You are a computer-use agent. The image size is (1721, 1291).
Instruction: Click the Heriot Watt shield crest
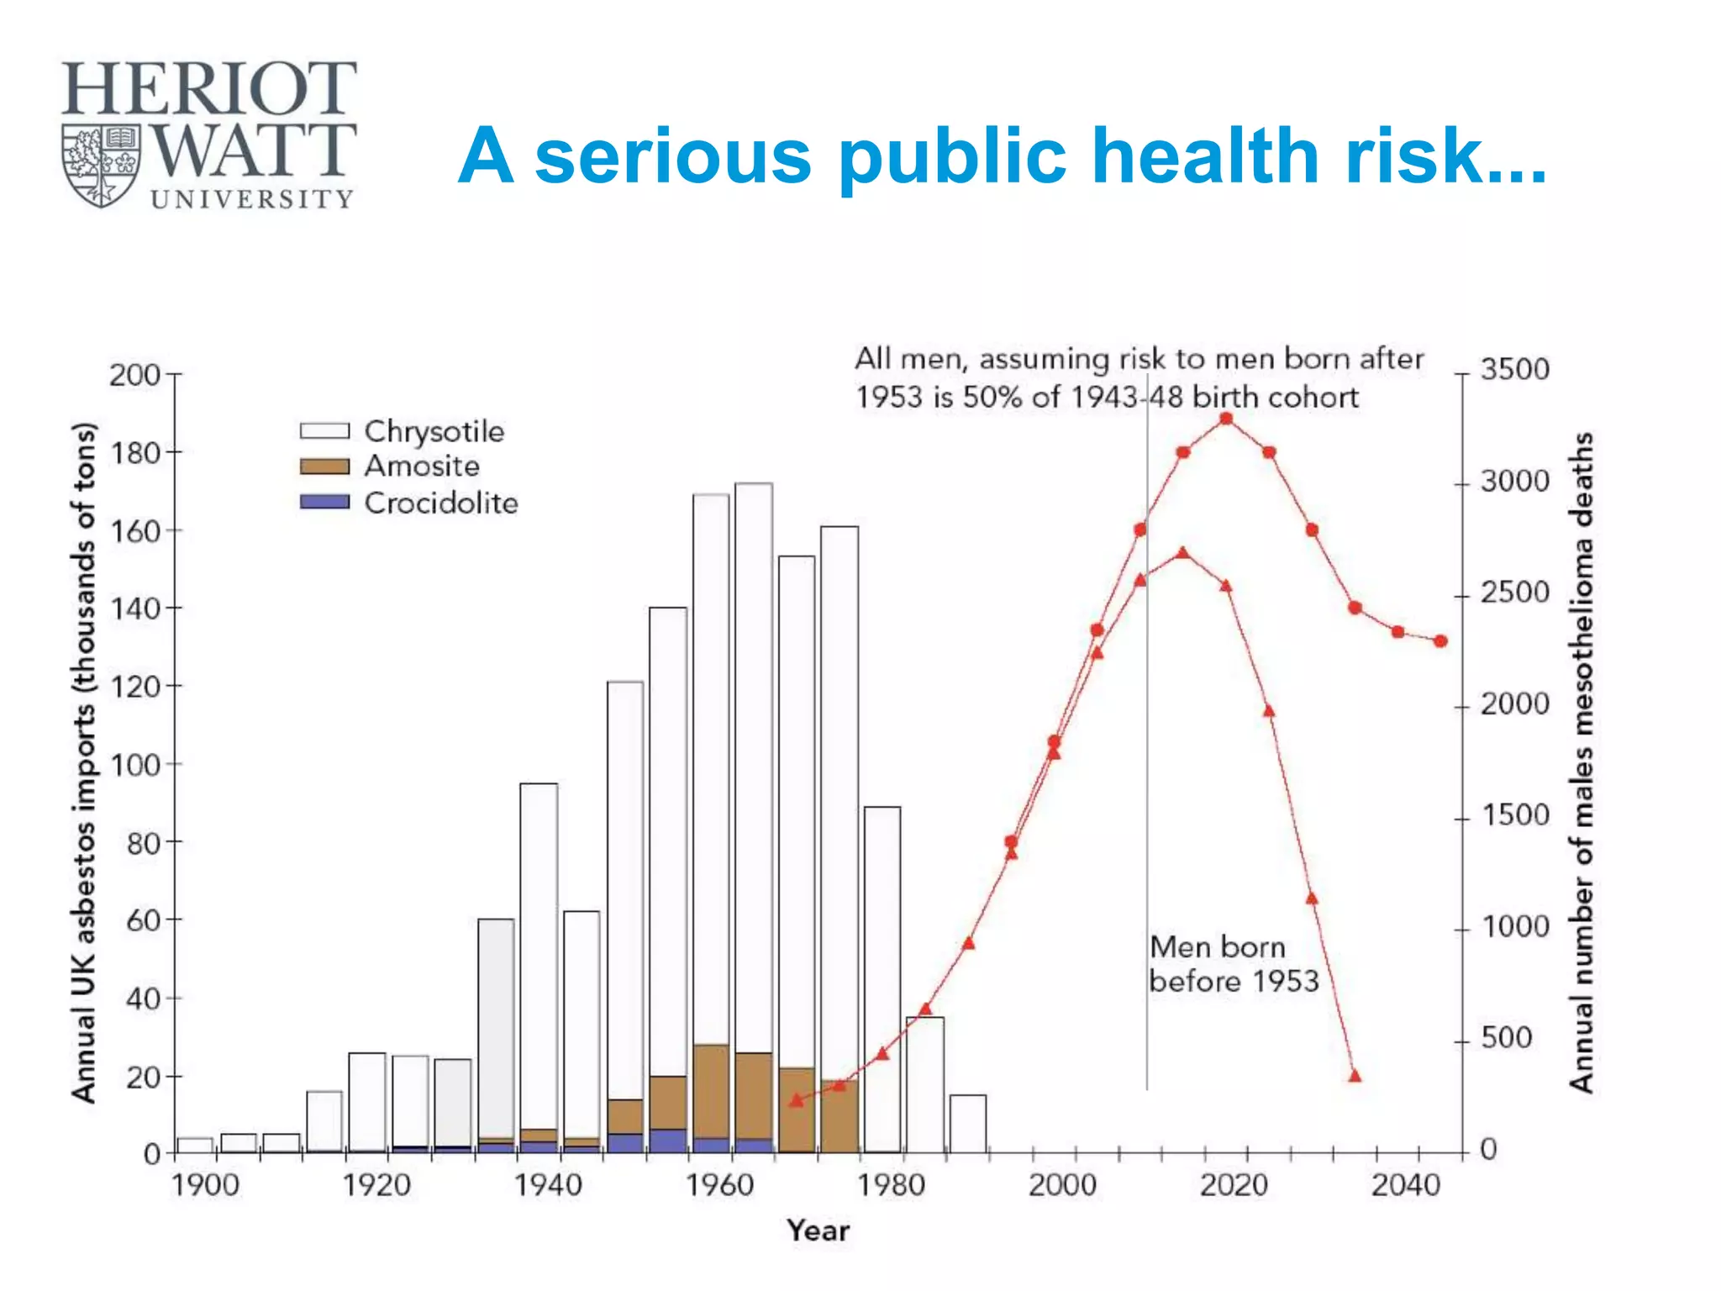(102, 166)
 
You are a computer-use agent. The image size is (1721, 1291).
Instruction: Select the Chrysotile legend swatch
(324, 431)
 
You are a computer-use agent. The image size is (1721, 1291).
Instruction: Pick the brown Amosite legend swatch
(324, 466)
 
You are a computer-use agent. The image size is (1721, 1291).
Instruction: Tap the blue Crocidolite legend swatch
(324, 502)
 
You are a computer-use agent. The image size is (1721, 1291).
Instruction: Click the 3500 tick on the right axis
(1514, 370)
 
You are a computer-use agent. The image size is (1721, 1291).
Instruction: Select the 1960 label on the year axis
(719, 1185)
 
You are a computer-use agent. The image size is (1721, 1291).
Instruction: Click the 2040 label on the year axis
(1405, 1185)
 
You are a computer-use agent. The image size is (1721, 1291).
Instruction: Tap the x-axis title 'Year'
(818, 1230)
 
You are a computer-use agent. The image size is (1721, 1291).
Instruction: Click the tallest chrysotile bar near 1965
(754, 756)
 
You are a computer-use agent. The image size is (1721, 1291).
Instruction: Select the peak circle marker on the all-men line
(1226, 419)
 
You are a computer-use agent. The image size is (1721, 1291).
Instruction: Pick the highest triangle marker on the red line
(1183, 553)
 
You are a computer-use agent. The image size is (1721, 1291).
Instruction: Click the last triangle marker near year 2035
(1355, 1076)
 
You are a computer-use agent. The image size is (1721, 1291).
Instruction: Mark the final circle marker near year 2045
(1440, 641)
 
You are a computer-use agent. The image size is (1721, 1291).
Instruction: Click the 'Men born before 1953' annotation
(1233, 964)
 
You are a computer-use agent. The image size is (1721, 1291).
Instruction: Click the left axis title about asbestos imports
(84, 762)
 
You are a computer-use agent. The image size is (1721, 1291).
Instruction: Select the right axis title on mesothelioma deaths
(1582, 762)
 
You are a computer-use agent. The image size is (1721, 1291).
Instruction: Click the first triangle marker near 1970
(797, 1100)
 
